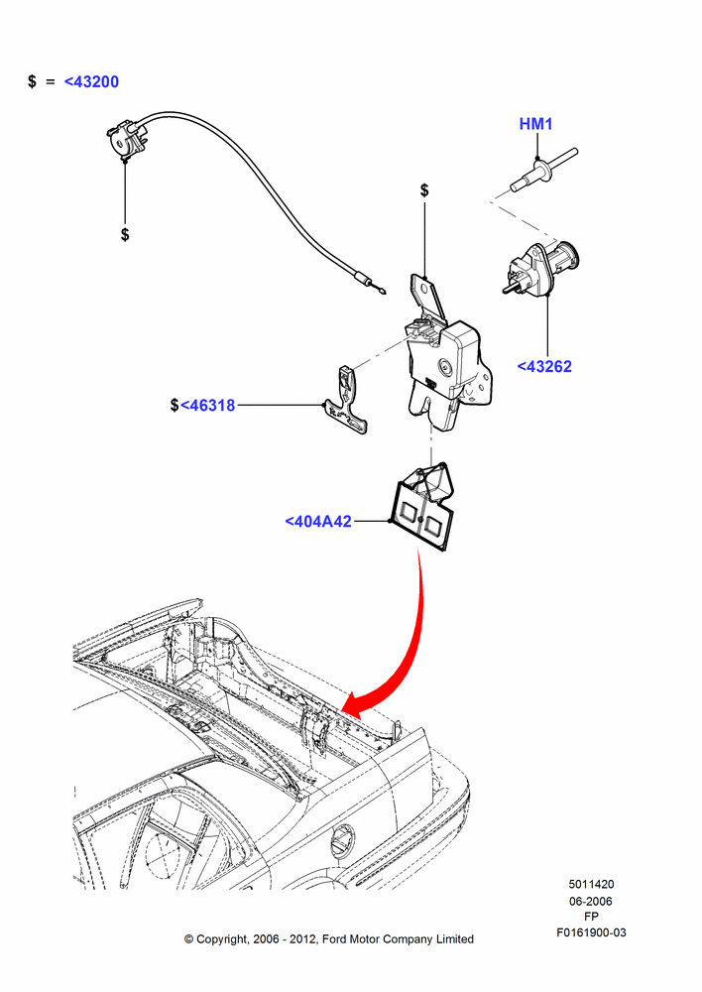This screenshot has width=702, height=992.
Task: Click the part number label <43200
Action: pos(91,81)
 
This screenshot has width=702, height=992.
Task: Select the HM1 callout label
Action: pos(535,124)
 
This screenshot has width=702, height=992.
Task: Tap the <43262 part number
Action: pos(544,366)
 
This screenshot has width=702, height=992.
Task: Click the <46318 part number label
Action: pos(207,406)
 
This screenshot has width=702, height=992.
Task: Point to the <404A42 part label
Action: pos(318,522)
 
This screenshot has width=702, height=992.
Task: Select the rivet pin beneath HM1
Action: pos(543,171)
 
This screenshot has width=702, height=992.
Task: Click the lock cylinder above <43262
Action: pos(541,266)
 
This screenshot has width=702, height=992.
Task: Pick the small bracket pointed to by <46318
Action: pos(347,403)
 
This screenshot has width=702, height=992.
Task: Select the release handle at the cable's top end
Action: pos(127,138)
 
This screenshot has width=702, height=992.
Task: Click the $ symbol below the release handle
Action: pos(125,235)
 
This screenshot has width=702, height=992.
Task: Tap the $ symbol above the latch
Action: pos(424,189)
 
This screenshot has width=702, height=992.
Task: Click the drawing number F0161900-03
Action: pos(591,932)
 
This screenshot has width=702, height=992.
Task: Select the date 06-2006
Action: pos(591,901)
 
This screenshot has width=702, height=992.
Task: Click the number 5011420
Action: pos(591,885)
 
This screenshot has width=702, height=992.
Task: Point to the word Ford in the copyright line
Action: pos(336,939)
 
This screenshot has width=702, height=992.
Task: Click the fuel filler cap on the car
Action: pos(342,841)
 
